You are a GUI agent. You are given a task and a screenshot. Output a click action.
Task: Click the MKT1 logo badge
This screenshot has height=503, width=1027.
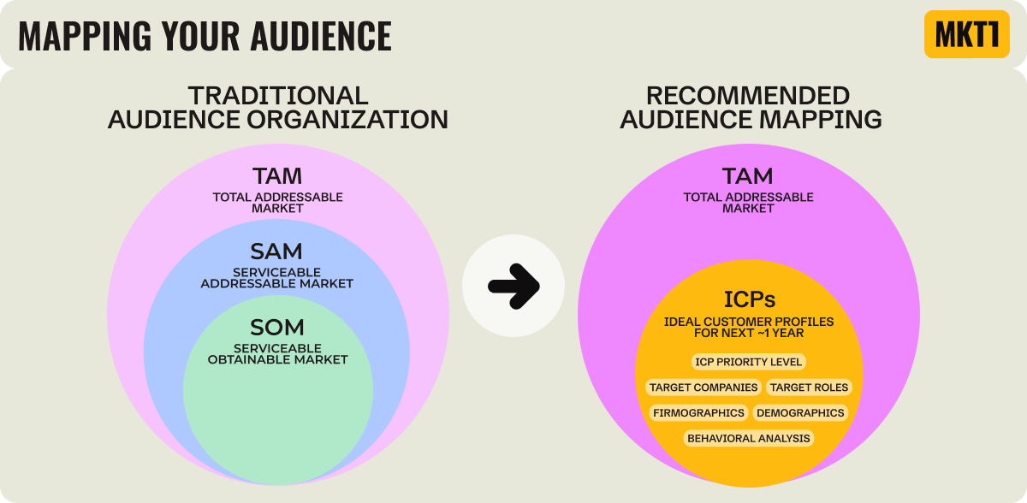(966, 34)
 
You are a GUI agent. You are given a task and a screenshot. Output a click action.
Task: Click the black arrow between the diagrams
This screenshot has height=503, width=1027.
(513, 284)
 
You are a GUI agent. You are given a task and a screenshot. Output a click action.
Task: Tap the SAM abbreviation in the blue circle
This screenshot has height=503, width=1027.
(277, 251)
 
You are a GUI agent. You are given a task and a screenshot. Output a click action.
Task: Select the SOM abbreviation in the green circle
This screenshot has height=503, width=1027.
(277, 327)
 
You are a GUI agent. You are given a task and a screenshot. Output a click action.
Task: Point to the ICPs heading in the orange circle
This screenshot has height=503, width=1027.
(749, 299)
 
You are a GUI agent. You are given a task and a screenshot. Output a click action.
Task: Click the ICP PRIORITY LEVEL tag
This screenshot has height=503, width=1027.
(749, 362)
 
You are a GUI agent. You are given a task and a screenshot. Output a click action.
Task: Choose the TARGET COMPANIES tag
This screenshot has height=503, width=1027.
(703, 388)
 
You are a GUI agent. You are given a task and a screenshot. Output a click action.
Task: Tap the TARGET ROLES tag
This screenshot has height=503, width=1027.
(809, 388)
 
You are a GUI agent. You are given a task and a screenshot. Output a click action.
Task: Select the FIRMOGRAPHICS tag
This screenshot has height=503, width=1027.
(698, 413)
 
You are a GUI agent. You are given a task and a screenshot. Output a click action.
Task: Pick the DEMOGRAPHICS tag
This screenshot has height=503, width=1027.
(800, 413)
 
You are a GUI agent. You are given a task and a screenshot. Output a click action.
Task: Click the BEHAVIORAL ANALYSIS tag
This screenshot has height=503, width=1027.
(749, 439)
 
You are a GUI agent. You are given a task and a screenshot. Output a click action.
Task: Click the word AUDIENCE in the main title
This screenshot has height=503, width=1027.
(321, 35)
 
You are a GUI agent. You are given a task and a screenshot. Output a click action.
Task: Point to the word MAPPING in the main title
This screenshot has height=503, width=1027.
(77, 35)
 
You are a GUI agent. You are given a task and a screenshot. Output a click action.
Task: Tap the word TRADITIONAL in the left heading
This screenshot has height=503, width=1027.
(278, 95)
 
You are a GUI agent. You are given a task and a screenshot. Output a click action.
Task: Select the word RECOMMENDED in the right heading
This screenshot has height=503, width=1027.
(748, 95)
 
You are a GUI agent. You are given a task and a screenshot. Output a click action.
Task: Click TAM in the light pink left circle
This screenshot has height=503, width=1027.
(277, 176)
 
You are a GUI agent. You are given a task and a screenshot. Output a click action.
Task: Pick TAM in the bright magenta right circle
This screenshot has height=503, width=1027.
(748, 176)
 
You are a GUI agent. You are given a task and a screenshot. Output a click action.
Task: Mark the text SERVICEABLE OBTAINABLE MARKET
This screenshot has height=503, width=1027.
(277, 354)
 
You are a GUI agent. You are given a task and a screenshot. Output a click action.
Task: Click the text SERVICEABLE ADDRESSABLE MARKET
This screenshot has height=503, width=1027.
(277, 278)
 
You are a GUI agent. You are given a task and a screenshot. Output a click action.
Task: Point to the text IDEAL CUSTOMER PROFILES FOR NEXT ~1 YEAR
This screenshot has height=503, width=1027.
(749, 327)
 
